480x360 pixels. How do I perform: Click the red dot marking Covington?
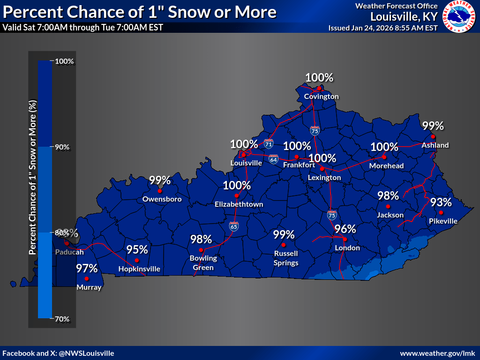pos(319,88)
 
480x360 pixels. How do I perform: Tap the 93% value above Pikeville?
pos(441,202)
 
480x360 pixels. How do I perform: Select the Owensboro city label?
pos(162,199)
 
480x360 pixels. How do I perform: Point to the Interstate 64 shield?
pos(273,159)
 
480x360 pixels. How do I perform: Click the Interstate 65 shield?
pos(233,226)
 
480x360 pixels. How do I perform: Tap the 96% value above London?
pos(345,229)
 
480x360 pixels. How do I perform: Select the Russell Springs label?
pos(286,258)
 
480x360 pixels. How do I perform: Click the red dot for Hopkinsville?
pos(137,260)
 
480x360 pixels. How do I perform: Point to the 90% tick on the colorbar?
pos(62,147)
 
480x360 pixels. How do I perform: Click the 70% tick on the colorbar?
pos(62,319)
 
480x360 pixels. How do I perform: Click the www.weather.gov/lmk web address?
pos(438,353)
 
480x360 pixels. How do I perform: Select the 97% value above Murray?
pos(87,269)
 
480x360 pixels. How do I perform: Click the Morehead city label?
pos(386,166)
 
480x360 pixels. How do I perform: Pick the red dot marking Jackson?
pos(388,206)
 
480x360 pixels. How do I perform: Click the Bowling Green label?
pos(203,263)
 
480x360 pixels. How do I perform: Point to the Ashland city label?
pos(435,145)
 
